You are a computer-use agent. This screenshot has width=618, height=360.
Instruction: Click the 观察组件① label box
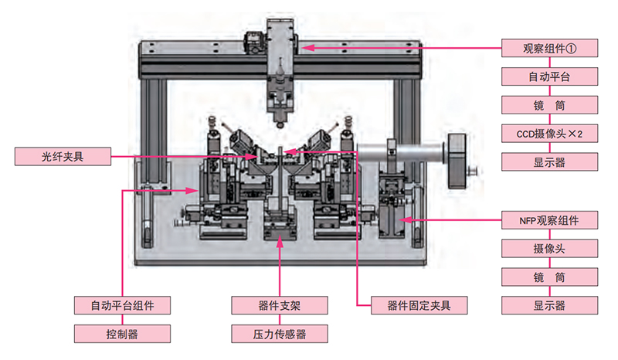pyautogui.click(x=549, y=47)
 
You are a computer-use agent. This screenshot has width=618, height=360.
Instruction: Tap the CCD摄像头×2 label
pyautogui.click(x=549, y=133)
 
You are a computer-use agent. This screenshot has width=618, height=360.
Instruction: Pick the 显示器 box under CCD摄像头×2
pyautogui.click(x=549, y=162)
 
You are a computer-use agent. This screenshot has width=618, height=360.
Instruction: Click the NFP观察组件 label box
pyautogui.click(x=549, y=219)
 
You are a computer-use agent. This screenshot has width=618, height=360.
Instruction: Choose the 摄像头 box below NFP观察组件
pyautogui.click(x=549, y=248)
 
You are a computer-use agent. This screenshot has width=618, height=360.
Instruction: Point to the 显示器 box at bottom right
pyautogui.click(x=549, y=305)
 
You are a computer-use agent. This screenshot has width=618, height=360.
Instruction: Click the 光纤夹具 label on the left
pyautogui.click(x=63, y=157)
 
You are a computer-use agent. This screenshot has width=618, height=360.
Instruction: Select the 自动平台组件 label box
pyautogui.click(x=122, y=304)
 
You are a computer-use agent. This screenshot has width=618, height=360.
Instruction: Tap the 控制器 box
pyautogui.click(x=122, y=334)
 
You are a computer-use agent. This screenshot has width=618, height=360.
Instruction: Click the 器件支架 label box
pyautogui.click(x=279, y=304)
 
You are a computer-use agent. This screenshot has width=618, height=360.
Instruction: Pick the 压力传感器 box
pyautogui.click(x=279, y=334)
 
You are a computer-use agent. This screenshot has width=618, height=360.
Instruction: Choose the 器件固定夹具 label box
pyautogui.click(x=419, y=304)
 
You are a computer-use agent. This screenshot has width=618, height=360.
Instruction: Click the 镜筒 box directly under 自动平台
pyautogui.click(x=549, y=104)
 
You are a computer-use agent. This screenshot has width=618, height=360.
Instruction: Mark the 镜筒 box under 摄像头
pyautogui.click(x=549, y=277)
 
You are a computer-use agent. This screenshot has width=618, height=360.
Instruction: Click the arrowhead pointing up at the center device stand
pyautogui.click(x=279, y=237)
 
